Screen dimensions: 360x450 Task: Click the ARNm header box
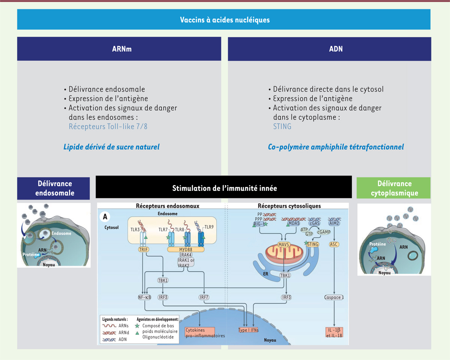tap(119, 49)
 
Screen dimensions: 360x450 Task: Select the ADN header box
tap(330, 49)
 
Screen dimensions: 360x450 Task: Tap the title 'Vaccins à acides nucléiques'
tap(224, 19)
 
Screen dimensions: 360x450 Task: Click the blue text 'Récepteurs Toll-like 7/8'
tap(108, 126)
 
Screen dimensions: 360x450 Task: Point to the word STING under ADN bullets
tap(282, 126)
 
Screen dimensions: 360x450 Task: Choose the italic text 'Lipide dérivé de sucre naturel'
tap(111, 147)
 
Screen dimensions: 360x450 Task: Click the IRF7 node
tap(204, 297)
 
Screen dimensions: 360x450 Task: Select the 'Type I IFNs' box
tap(249, 330)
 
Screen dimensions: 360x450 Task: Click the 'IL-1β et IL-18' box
tap(334, 333)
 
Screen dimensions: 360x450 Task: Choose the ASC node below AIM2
tap(334, 244)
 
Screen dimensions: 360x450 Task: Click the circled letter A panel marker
tap(106, 217)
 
